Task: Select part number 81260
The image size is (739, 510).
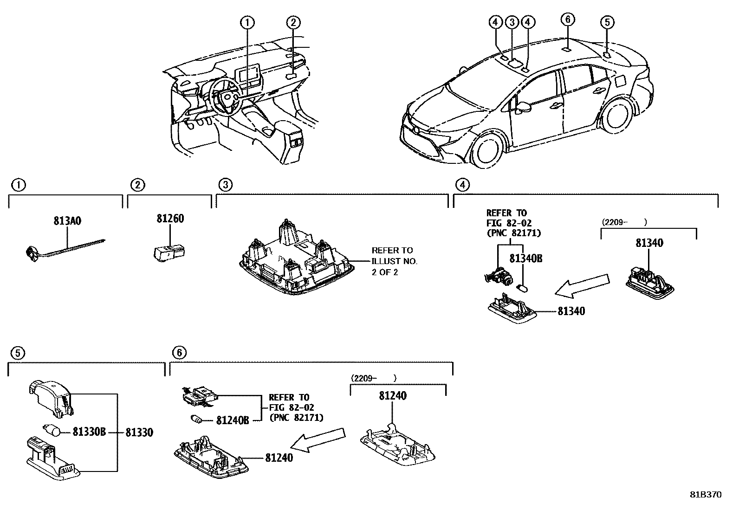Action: coord(170,218)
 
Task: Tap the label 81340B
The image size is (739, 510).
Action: coord(525,258)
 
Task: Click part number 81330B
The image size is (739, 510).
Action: coord(89,432)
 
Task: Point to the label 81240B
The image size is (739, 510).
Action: coord(233,420)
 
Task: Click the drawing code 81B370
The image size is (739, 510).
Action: coord(705,495)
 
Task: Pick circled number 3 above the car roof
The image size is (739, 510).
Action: coord(512,22)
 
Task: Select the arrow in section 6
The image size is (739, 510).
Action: coord(321,440)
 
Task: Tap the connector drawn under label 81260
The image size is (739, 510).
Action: coord(169,252)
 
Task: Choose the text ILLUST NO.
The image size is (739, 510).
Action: coord(394,261)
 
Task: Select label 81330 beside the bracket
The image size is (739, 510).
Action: coord(139,432)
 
